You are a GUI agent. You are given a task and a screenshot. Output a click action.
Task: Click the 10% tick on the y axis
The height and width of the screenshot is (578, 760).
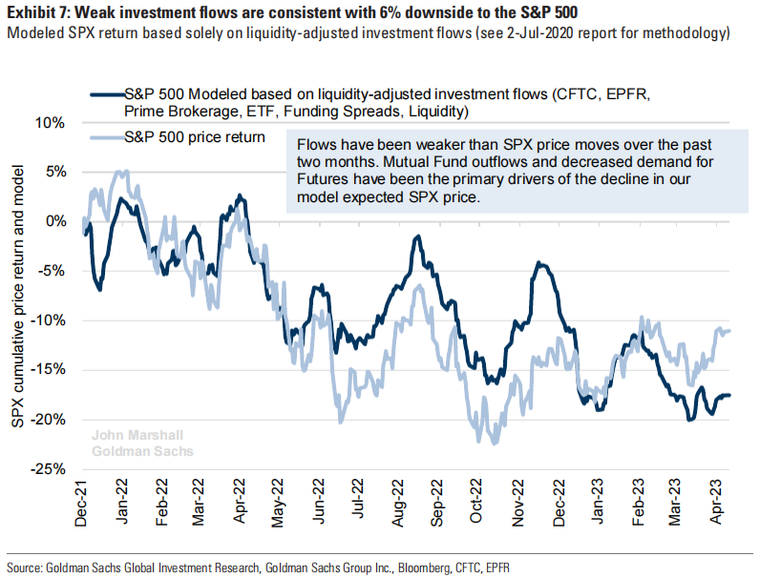pos(51,122)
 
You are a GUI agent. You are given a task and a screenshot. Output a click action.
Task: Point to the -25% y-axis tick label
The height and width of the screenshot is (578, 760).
pos(48,468)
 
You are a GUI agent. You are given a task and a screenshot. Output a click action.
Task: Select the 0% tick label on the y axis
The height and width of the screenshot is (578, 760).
pos(54,221)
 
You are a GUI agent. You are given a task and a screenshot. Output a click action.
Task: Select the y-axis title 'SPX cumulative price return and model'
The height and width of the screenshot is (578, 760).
pos(17,296)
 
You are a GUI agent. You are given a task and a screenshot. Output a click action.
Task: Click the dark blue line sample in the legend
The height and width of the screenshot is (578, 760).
pos(105,95)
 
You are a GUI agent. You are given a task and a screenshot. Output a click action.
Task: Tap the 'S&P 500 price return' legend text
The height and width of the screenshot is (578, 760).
pos(195,137)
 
